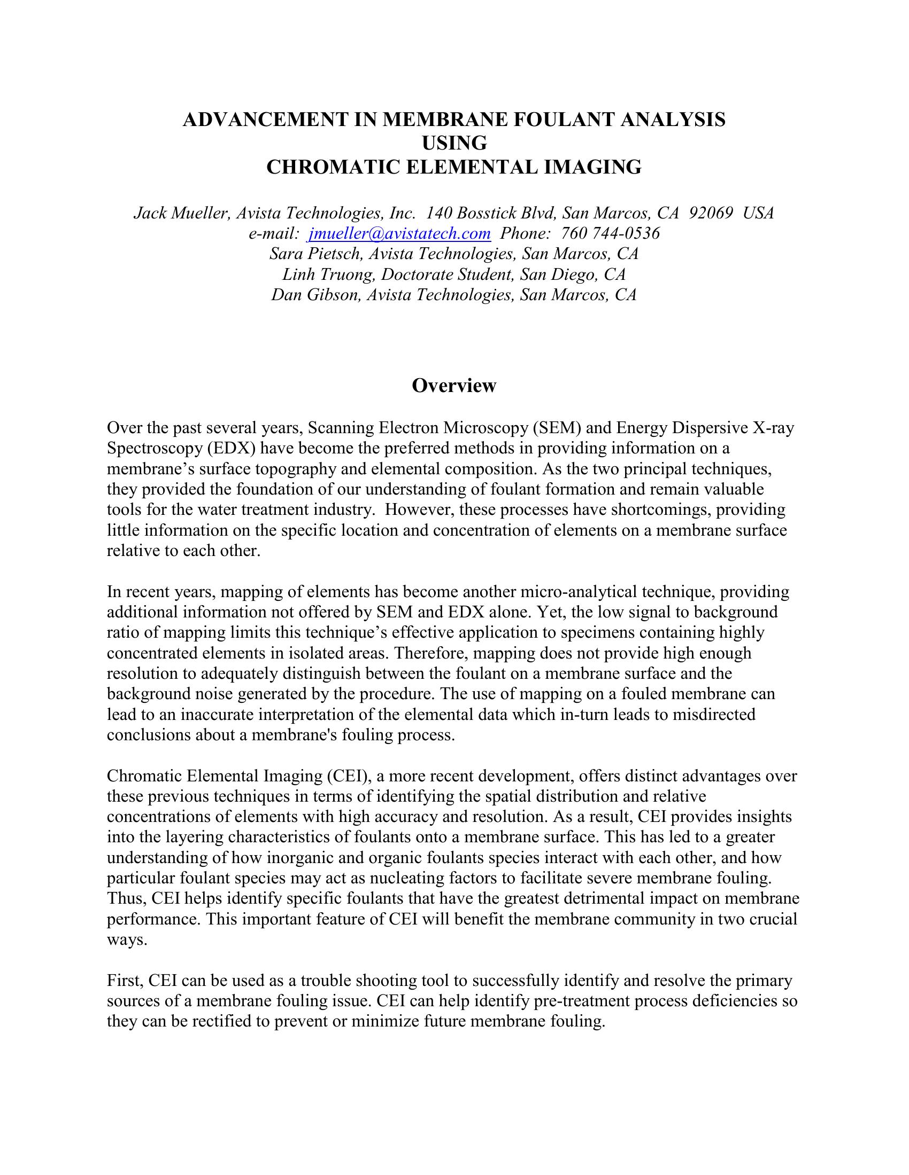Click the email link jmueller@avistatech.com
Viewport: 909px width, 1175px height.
399,233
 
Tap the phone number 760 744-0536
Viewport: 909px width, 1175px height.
610,233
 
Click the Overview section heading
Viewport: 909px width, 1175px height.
454,385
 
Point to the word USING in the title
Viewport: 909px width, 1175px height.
454,143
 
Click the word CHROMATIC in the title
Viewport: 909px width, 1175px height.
333,167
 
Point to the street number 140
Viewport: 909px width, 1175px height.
438,213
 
